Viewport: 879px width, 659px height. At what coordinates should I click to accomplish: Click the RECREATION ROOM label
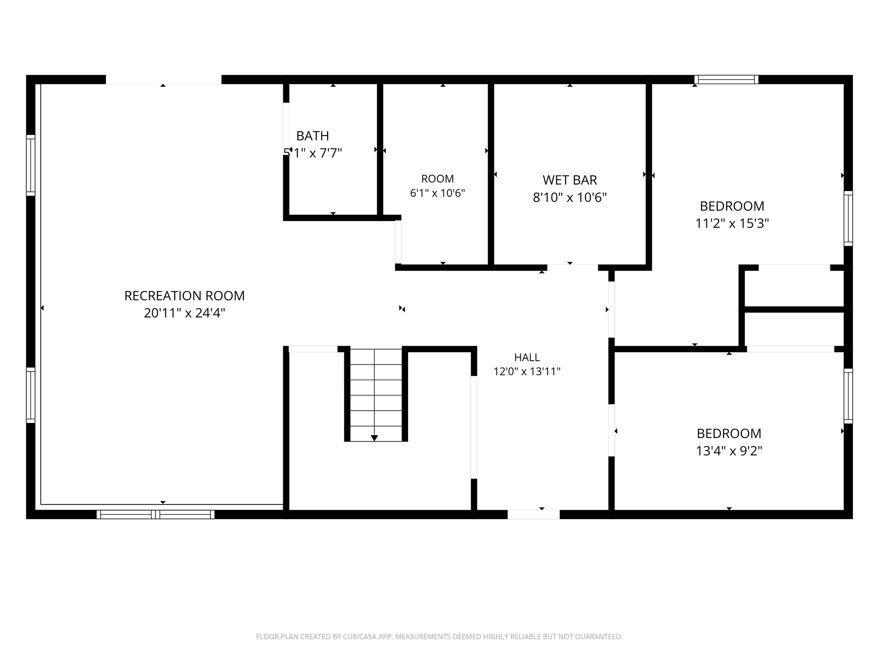point(185,296)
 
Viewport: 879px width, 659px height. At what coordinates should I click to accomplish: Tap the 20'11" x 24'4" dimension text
point(185,313)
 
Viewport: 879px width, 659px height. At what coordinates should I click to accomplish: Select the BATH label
point(313,136)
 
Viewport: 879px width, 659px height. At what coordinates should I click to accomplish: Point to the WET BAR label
point(570,180)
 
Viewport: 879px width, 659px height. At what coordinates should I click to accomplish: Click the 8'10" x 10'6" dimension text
point(570,197)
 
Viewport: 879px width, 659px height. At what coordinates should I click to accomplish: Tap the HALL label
point(527,357)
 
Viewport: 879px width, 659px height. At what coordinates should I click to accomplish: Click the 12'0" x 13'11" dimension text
point(527,372)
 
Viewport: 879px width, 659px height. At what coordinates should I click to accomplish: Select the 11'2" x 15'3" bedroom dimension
point(732,224)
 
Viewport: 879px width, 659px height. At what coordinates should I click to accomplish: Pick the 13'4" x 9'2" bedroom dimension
point(729,451)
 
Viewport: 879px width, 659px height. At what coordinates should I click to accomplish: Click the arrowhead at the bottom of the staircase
point(374,438)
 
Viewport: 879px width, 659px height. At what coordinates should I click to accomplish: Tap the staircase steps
point(376,395)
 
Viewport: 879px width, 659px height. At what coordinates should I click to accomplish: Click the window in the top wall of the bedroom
point(726,79)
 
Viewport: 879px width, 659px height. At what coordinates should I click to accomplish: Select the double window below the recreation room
point(155,514)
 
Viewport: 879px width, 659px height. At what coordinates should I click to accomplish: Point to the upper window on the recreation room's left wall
point(30,165)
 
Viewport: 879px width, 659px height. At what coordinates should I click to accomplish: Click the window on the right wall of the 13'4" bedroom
point(848,396)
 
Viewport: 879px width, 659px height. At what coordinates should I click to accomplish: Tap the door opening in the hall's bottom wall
point(533,514)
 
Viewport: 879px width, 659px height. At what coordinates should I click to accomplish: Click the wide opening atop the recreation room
point(164,79)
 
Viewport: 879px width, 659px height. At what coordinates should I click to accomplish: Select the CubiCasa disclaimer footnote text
point(439,637)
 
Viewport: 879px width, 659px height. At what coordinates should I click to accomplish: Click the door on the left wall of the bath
point(286,129)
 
